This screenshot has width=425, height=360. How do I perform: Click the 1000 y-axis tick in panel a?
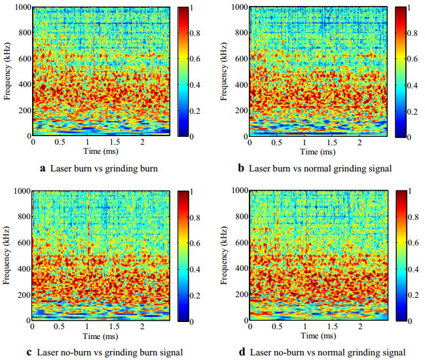(18, 7)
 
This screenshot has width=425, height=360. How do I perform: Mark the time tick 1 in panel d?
(305, 327)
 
